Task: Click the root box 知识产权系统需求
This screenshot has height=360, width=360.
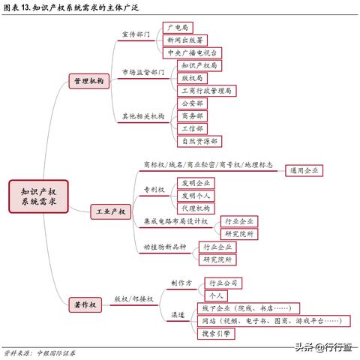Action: [x=38, y=196]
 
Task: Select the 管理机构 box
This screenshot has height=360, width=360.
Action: [x=89, y=81]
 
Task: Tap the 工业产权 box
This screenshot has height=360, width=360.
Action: [x=110, y=211]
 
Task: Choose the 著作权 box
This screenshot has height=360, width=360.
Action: [x=85, y=304]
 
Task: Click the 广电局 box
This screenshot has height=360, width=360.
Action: [x=178, y=28]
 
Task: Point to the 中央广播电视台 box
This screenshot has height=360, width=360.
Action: [x=192, y=53]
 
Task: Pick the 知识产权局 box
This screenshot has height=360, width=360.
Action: [x=199, y=66]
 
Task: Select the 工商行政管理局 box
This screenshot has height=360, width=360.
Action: [x=206, y=91]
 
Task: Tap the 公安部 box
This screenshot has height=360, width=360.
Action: [x=192, y=103]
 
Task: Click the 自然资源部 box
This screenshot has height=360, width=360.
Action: [x=199, y=142]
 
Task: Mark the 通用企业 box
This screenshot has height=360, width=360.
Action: [x=304, y=171]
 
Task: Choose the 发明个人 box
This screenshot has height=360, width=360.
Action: [x=196, y=196]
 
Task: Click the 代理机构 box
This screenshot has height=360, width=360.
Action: [x=196, y=208]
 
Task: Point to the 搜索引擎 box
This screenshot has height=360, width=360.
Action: [x=216, y=334]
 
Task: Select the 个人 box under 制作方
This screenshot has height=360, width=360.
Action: [x=216, y=296]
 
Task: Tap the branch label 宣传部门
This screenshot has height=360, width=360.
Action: [x=136, y=34]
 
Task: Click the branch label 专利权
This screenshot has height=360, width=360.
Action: [x=154, y=190]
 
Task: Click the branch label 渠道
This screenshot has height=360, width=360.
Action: [x=178, y=315]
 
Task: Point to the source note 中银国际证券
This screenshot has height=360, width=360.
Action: [x=56, y=353]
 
